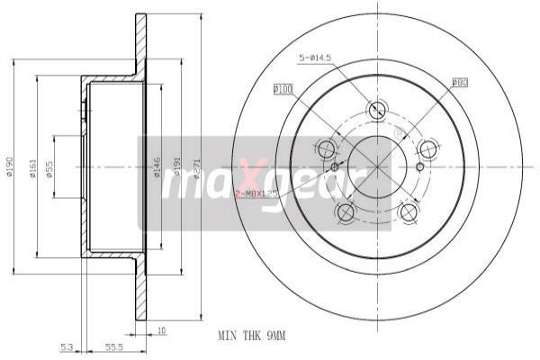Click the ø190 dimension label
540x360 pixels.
point(8,168)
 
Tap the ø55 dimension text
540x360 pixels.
point(49,168)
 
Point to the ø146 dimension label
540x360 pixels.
point(157,168)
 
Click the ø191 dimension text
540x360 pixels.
point(177,168)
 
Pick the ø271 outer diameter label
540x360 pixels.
point(195,168)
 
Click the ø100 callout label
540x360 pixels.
point(283,88)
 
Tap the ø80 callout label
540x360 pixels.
point(459,84)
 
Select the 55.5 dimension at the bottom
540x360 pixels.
point(113,345)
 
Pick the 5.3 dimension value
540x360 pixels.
point(67,345)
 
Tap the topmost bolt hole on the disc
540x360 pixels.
point(377,110)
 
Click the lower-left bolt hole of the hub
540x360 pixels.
point(345,211)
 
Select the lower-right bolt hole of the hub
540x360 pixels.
point(409,211)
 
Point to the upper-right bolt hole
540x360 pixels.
point(428,148)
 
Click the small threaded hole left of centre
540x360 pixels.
point(335,166)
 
